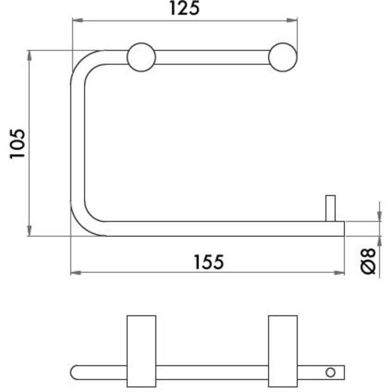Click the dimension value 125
click(185, 9)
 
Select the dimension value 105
click(18, 143)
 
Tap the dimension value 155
click(209, 262)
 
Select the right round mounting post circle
click(282, 57)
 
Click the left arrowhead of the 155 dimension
click(76, 273)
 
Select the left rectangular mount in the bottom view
click(141, 350)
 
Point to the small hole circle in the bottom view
click(332, 371)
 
